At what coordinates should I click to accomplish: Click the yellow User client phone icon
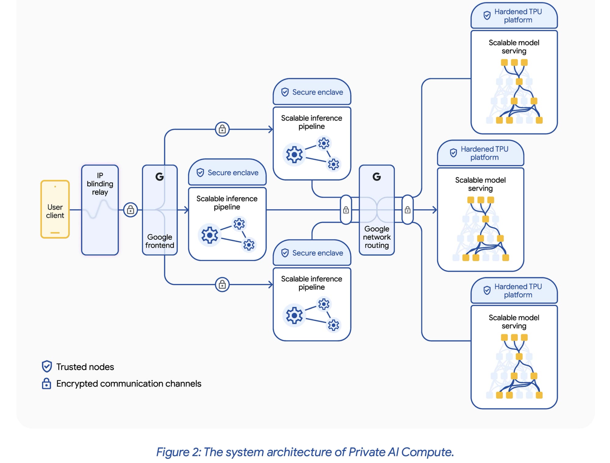(x=55, y=209)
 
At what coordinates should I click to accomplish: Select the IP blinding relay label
(x=100, y=184)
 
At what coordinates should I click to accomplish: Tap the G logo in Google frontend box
(x=160, y=177)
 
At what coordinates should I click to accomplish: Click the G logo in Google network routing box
(x=377, y=177)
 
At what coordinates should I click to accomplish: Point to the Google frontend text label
(x=160, y=241)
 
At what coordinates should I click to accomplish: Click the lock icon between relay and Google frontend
(x=131, y=210)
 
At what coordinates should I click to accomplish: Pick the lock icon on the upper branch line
(x=222, y=129)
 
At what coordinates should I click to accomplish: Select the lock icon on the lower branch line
(x=222, y=285)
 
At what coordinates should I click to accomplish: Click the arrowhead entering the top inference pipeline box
(x=271, y=129)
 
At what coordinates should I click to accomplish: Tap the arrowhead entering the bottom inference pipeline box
(x=271, y=285)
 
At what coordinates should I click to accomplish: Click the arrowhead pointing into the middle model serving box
(x=435, y=210)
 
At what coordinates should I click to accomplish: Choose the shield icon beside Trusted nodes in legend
(x=47, y=367)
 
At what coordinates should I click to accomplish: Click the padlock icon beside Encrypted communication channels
(x=46, y=384)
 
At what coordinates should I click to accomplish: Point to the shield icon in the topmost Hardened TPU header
(x=487, y=15)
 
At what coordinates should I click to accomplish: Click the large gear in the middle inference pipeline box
(x=210, y=235)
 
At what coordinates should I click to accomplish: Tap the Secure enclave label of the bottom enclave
(x=318, y=253)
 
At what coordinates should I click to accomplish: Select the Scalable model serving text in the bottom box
(x=514, y=322)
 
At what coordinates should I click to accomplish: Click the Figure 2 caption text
(x=305, y=452)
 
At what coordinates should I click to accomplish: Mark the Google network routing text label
(x=377, y=237)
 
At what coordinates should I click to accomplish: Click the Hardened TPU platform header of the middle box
(x=484, y=153)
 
